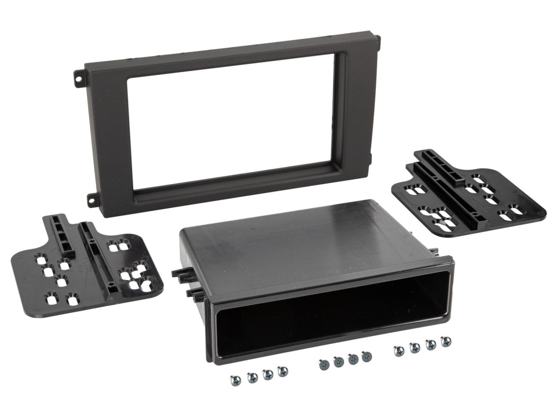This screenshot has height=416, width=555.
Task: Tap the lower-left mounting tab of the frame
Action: coord(90,198)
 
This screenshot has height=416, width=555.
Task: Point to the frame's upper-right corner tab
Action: coord(378,39)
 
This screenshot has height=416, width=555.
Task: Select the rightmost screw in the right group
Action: coord(445,341)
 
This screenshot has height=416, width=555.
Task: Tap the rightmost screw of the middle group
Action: coord(366,356)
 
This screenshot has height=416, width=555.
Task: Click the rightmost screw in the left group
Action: coord(282,371)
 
